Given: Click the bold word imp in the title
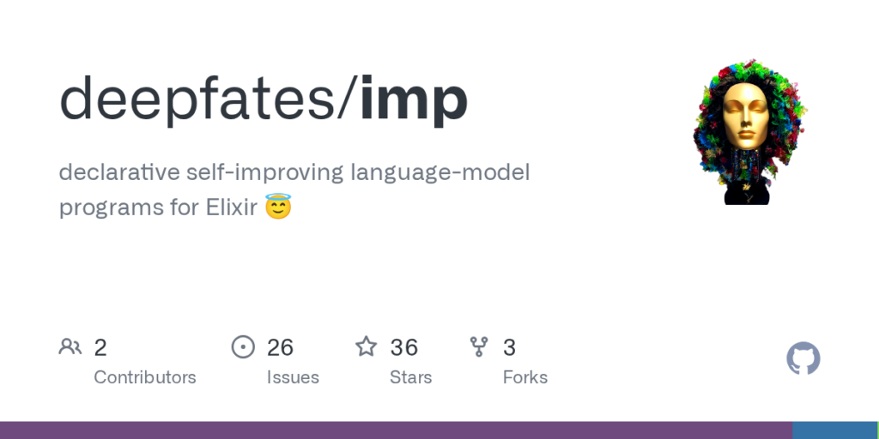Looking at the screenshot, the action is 413,99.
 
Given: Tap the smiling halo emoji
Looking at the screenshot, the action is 278,206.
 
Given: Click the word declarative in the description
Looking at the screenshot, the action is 118,172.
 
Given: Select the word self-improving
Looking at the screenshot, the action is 264,173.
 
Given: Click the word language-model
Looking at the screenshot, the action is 440,173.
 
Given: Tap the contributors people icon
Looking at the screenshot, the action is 70,347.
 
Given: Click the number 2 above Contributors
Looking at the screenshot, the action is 100,348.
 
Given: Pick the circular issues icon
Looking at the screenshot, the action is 243,347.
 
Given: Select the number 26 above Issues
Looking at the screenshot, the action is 280,348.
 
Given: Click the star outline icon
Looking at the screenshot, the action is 366,346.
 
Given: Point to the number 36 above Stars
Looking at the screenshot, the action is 404,348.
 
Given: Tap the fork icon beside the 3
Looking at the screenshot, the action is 479,347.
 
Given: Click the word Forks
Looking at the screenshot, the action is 525,377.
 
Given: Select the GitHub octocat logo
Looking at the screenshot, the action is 803,358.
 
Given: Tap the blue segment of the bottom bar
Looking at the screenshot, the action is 835,430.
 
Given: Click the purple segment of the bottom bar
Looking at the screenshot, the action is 397,430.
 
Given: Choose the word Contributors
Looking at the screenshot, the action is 144,377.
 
